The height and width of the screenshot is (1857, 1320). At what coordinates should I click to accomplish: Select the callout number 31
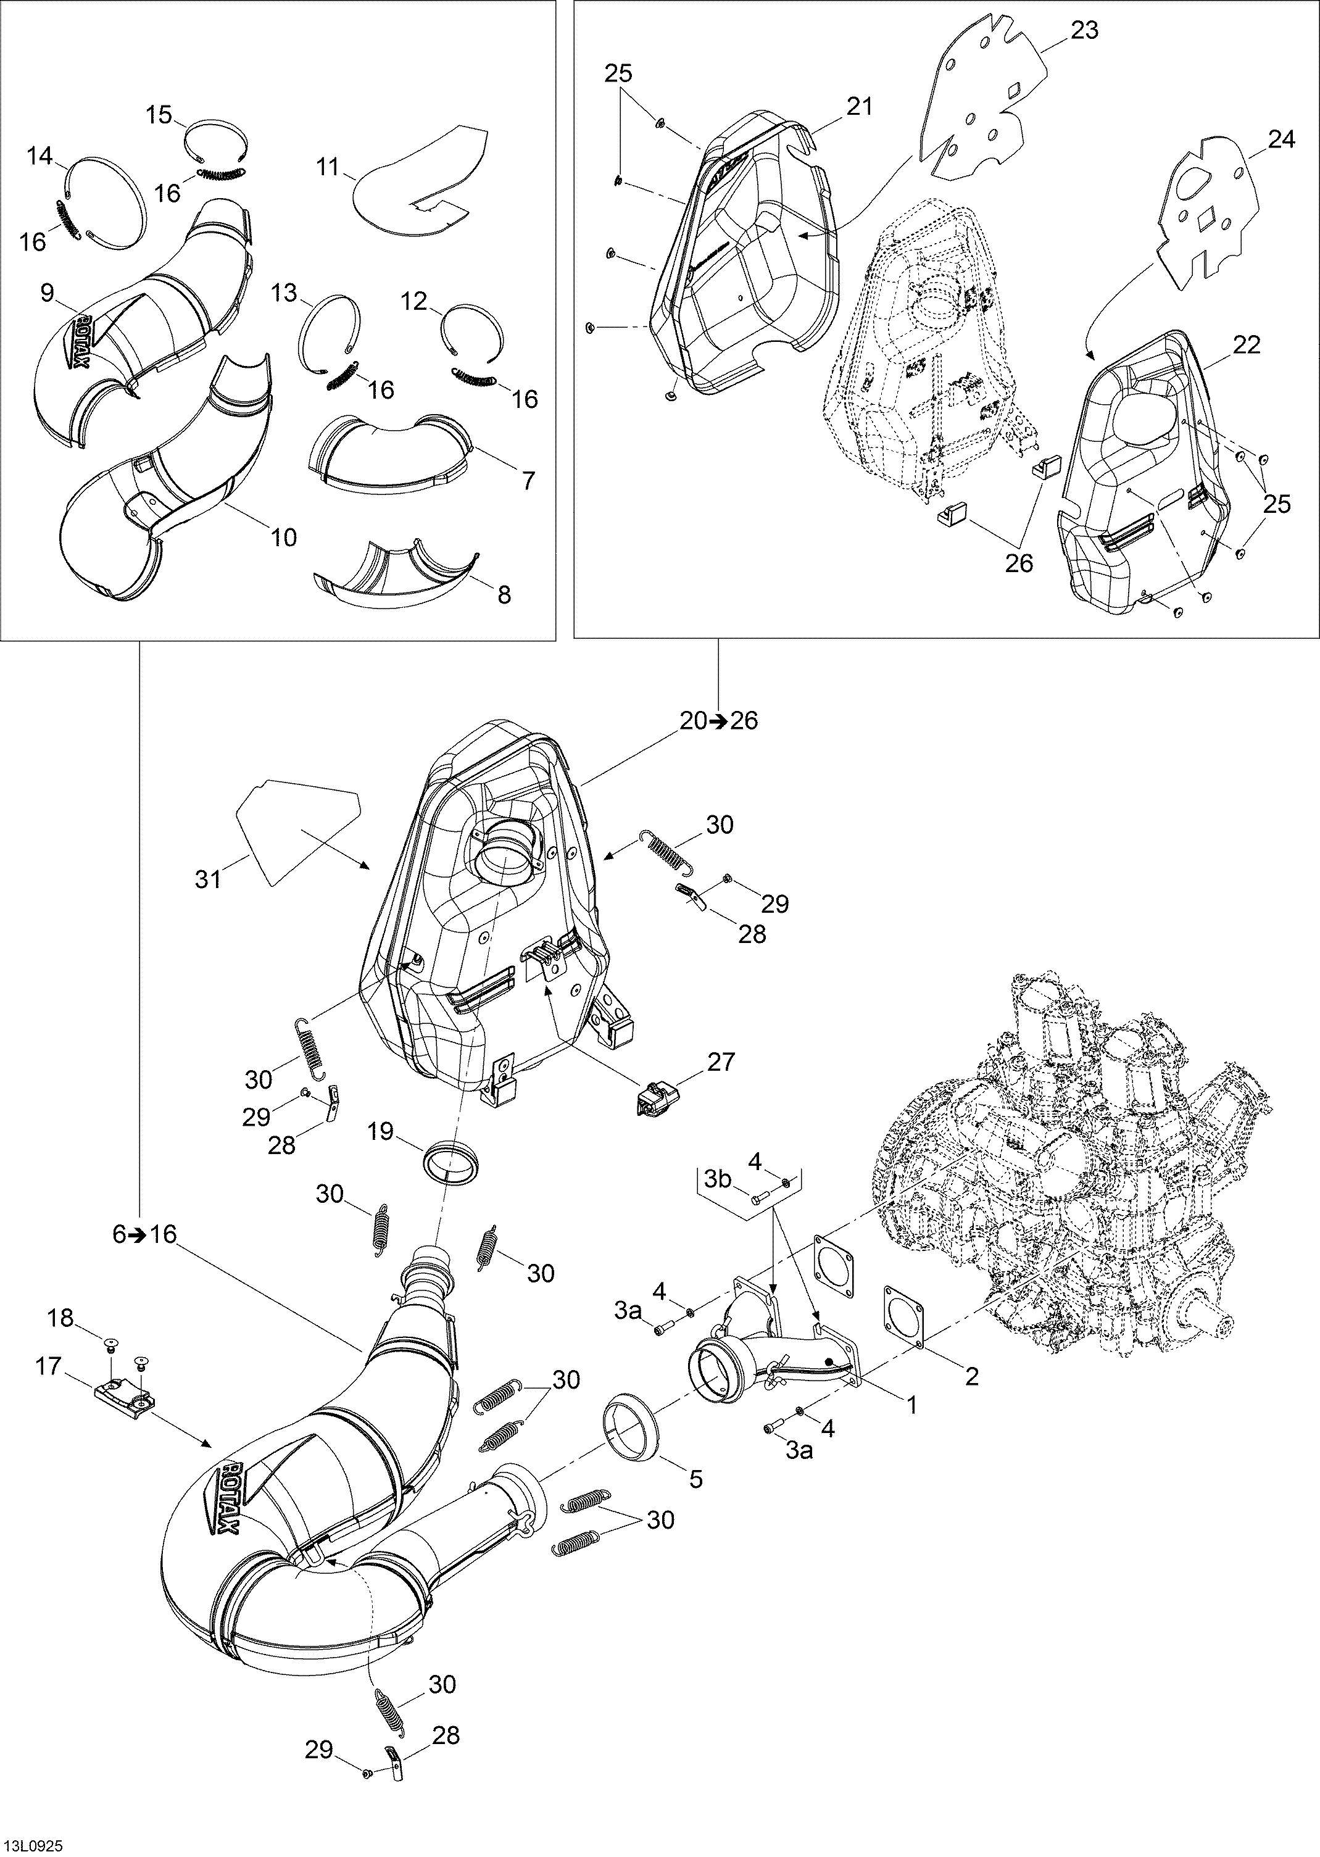coord(209,879)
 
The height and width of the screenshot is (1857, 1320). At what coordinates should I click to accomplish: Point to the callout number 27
coord(720,1061)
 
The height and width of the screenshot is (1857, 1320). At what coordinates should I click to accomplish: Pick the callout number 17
coord(49,1366)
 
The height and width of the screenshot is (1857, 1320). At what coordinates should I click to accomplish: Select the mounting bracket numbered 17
coord(126,1395)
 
